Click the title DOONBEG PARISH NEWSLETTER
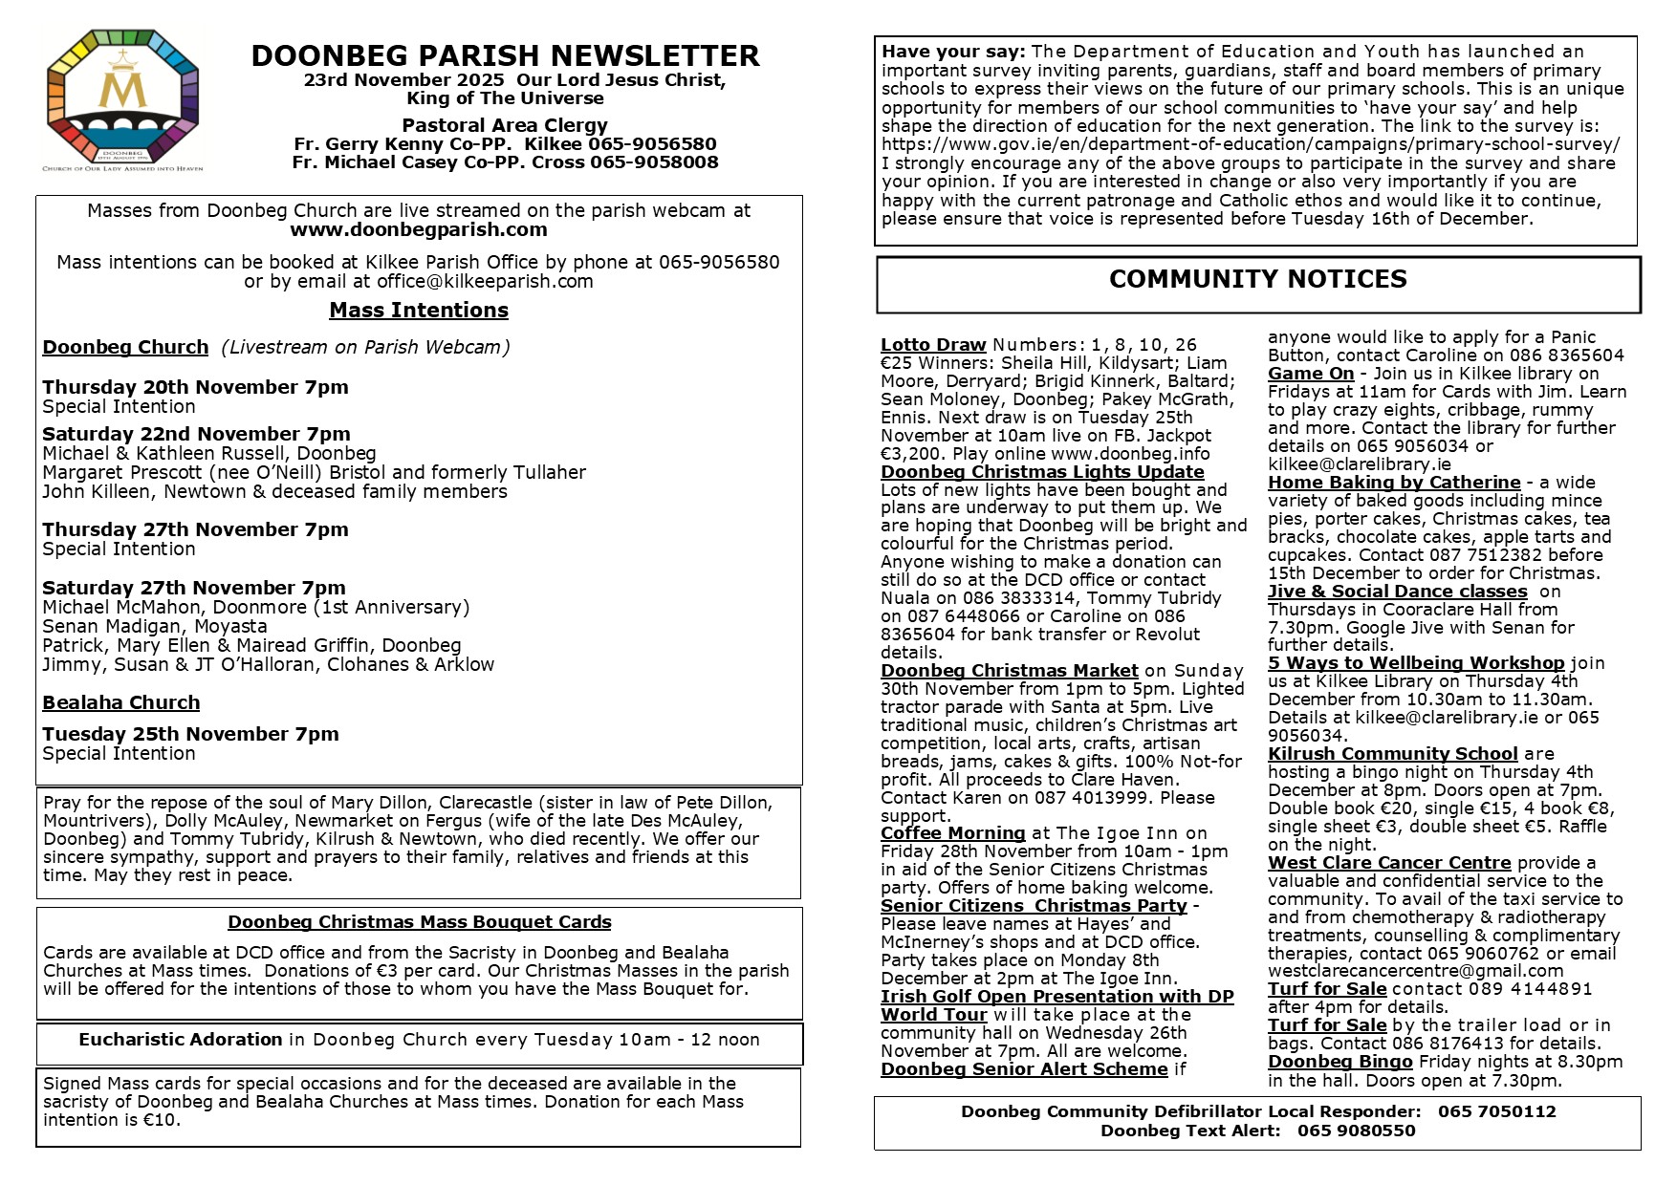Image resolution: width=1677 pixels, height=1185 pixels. click(505, 56)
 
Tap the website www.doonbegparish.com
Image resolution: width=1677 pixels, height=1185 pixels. click(419, 229)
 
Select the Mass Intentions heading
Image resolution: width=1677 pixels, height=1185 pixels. click(419, 311)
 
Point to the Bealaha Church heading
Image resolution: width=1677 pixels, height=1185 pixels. click(121, 703)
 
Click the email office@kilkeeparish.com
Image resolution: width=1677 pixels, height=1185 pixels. click(485, 281)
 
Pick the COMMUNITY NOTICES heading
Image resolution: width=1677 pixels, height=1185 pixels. click(1257, 279)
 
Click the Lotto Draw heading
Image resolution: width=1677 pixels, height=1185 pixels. click(933, 345)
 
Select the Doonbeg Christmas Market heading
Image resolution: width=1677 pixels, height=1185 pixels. click(1010, 671)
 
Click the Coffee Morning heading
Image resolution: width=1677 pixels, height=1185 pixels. click(952, 833)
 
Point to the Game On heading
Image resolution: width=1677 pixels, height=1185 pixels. click(1311, 374)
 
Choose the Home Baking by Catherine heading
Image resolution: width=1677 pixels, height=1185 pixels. click(1394, 483)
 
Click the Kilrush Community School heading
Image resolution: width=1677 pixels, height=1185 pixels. click(1393, 754)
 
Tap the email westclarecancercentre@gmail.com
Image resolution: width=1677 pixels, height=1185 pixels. click(1415, 971)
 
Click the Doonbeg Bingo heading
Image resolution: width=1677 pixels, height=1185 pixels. click(1340, 1062)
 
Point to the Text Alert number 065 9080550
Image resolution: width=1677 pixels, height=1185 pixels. click(1356, 1131)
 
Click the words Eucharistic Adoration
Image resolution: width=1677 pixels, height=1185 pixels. click(181, 1040)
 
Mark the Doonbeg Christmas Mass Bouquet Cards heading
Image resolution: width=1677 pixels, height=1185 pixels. click(420, 922)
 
